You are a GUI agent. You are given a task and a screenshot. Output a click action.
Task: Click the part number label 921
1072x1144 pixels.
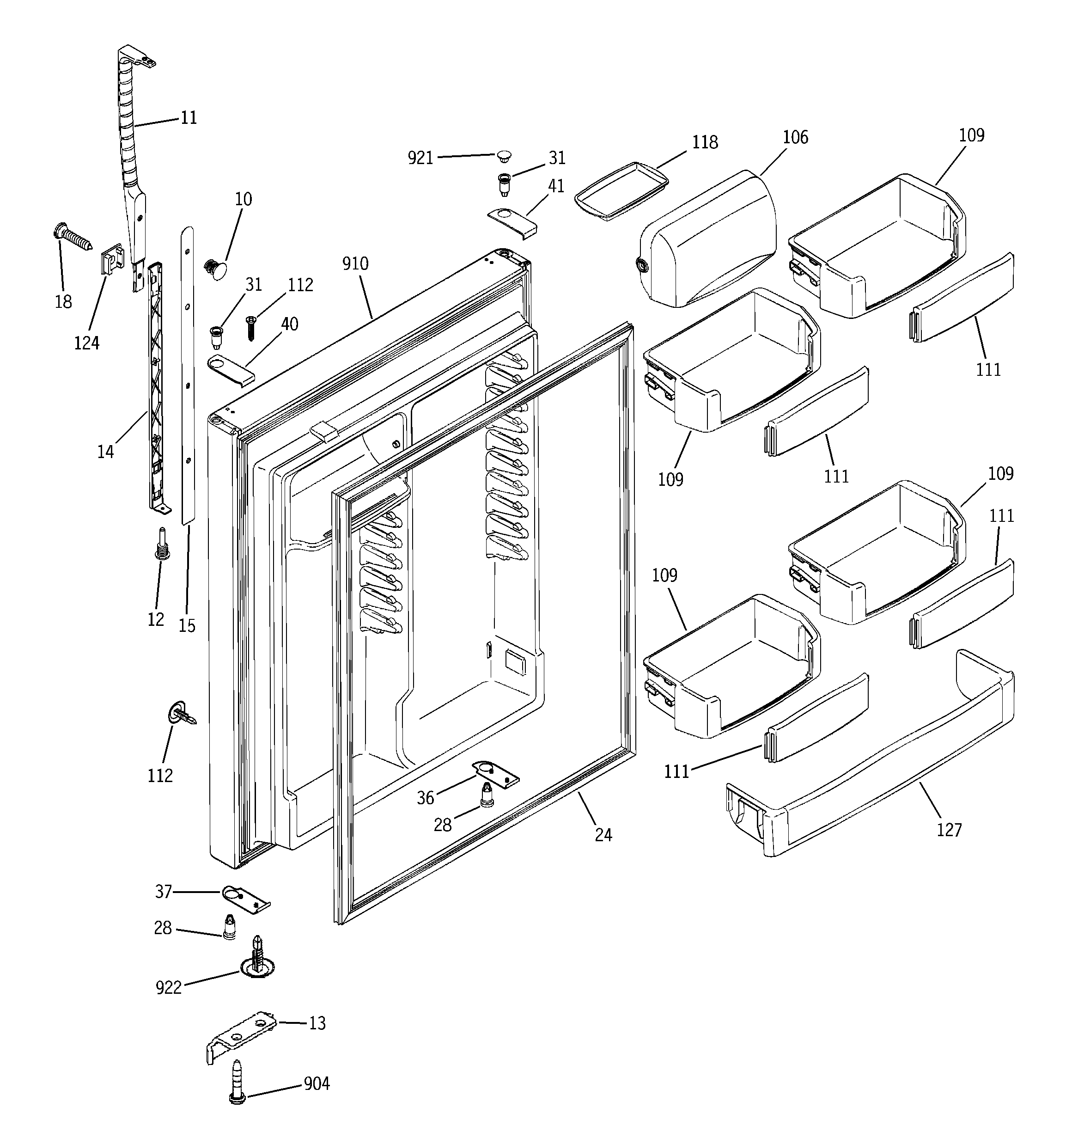[x=420, y=158]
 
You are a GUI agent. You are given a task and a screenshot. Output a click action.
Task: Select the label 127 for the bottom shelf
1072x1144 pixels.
[x=949, y=830]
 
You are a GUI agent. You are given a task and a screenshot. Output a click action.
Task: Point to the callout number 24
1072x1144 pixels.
[x=603, y=834]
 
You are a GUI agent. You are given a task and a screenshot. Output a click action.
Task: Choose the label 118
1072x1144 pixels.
[x=704, y=142]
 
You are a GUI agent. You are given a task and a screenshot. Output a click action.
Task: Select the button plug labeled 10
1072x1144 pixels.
[x=216, y=270]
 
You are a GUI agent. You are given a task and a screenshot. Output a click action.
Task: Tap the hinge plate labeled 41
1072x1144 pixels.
[x=512, y=222]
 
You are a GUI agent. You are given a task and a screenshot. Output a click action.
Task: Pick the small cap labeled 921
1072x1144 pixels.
[x=504, y=155]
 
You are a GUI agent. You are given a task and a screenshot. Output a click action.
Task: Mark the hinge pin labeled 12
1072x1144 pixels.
[x=162, y=545]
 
